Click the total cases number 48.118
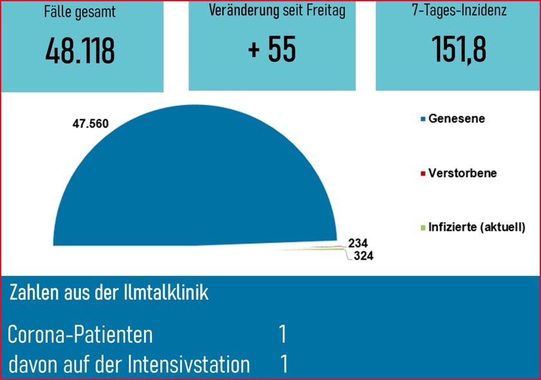tap(80, 51)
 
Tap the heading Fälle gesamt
tap(80, 12)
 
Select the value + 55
tap(271, 50)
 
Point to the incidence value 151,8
tap(459, 50)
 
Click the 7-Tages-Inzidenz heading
tap(459, 12)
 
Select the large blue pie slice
tap(193, 186)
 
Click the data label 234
tap(358, 243)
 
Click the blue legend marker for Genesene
tap(423, 120)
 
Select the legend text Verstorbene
tap(463, 174)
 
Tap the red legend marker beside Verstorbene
tap(423, 174)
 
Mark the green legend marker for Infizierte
tap(423, 228)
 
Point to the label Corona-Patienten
tap(80, 335)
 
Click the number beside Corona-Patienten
tap(282, 335)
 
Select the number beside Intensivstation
tap(284, 365)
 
